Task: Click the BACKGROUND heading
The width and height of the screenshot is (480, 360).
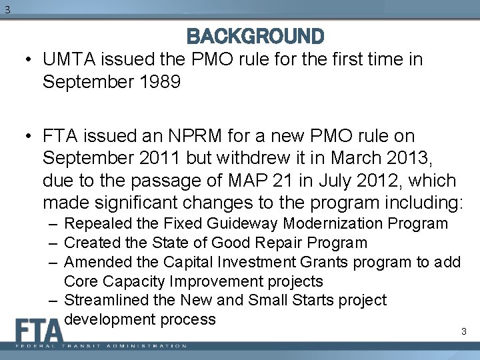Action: pyautogui.click(x=256, y=35)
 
